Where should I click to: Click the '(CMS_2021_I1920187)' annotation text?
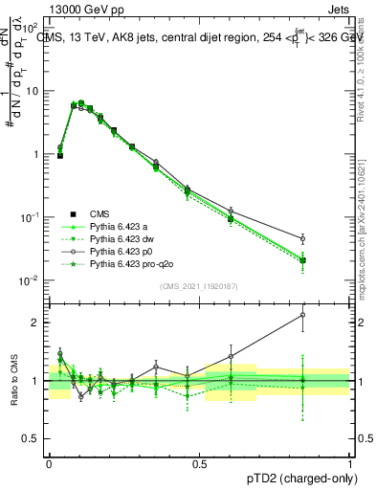[x=198, y=286]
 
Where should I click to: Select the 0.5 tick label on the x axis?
[x=199, y=462]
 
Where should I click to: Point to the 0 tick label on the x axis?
[x=49, y=462]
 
